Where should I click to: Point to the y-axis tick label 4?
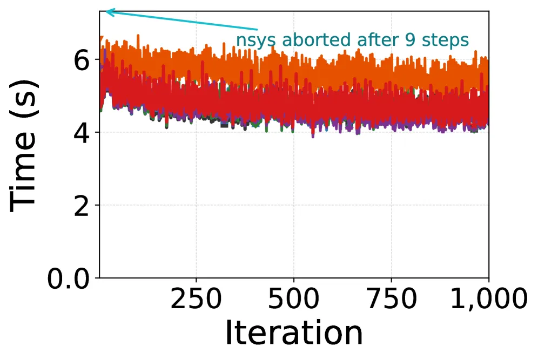tap(82, 133)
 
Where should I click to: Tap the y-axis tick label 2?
tap(82, 206)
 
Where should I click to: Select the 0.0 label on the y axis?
tap(68, 279)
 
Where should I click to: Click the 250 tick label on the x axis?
tap(196, 298)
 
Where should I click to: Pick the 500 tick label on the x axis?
tap(294, 298)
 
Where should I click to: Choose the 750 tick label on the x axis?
tap(392, 298)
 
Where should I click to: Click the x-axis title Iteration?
tap(294, 332)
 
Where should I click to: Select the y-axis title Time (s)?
tap(23, 146)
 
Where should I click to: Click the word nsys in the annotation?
tap(256, 40)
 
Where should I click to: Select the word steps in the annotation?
tap(445, 40)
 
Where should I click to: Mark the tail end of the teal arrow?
tap(257, 30)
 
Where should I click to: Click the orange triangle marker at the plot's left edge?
tap(101, 39)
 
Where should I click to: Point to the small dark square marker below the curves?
tap(224, 125)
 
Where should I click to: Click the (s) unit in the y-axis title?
tap(23, 93)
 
